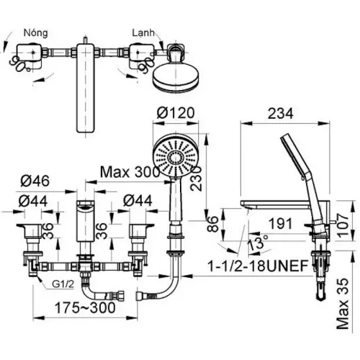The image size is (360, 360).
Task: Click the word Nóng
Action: click(x=37, y=33)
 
